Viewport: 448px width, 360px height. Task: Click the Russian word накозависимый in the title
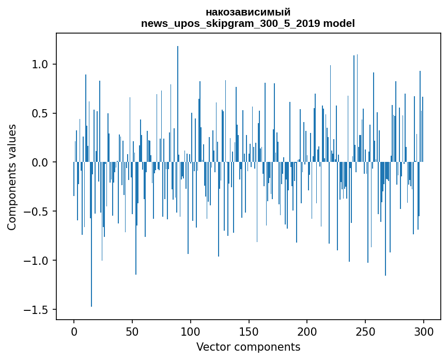[248, 12]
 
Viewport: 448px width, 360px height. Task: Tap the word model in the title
[339, 23]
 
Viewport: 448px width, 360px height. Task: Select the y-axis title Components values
[12, 177]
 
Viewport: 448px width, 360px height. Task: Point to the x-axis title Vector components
[248, 347]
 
